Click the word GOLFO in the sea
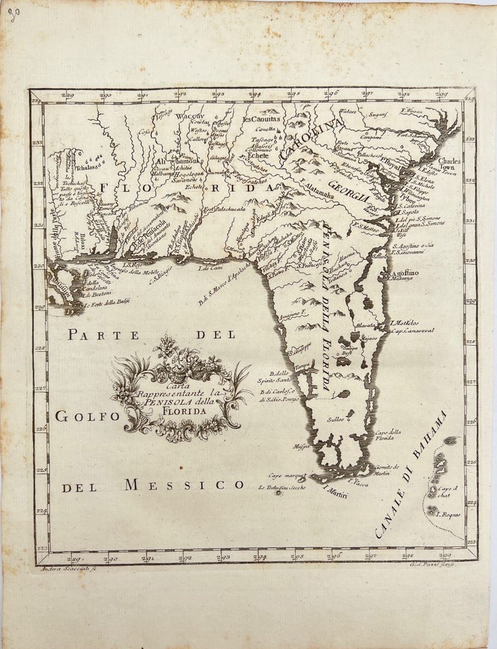pyautogui.click(x=79, y=416)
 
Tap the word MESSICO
pyautogui.click(x=184, y=485)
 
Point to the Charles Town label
pyautogui.click(x=449, y=164)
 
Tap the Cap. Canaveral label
pyautogui.click(x=413, y=330)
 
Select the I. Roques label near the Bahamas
pyautogui.click(x=448, y=514)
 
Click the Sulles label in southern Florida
pyautogui.click(x=334, y=420)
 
